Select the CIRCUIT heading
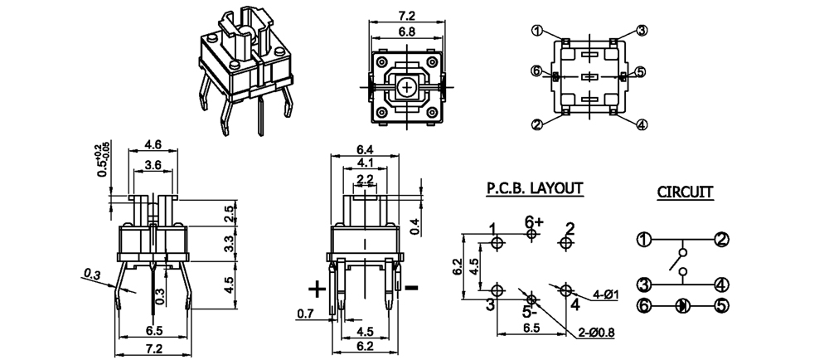[x=685, y=192]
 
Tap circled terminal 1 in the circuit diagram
[x=643, y=240]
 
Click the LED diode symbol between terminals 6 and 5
[x=682, y=305]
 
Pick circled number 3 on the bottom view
[x=642, y=31]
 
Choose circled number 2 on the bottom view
[x=537, y=124]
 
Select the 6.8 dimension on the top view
[x=406, y=32]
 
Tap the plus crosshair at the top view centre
[x=406, y=85]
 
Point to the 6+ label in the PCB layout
[x=533, y=221]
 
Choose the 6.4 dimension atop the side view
[x=366, y=149]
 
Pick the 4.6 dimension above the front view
[x=153, y=144]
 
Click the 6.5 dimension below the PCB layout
[x=531, y=328]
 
